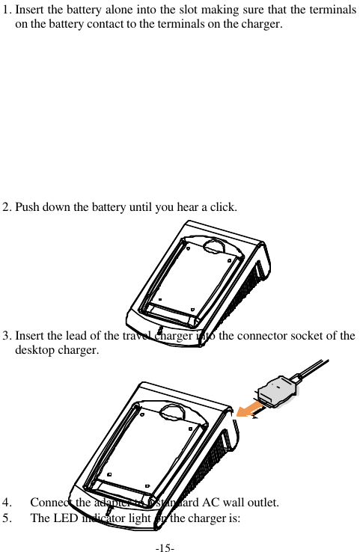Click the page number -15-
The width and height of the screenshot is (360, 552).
(165, 547)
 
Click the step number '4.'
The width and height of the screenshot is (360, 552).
(7, 501)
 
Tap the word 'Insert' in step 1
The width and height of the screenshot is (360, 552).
(31, 10)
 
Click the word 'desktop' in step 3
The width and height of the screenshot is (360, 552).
(34, 349)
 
